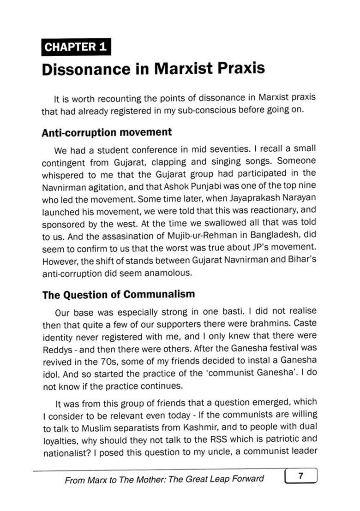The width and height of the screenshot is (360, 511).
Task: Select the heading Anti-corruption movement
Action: click(x=107, y=132)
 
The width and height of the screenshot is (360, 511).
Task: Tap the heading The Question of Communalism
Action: click(x=119, y=294)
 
